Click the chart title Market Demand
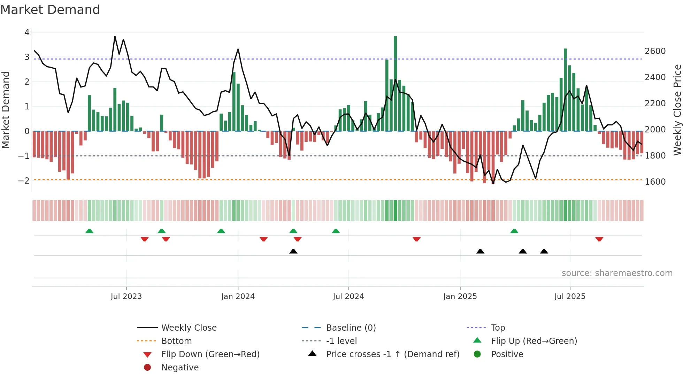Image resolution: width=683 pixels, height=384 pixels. (50, 10)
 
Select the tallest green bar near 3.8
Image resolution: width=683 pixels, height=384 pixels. (395, 84)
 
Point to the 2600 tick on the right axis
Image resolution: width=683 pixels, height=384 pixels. (655, 51)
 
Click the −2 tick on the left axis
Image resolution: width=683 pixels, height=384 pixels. (24, 181)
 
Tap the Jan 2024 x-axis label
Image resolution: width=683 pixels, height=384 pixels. (238, 297)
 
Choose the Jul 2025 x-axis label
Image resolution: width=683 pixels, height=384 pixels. (570, 297)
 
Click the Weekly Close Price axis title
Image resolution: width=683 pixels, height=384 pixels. (677, 110)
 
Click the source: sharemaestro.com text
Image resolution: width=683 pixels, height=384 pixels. (617, 273)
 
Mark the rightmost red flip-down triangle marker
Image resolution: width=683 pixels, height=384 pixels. (599, 239)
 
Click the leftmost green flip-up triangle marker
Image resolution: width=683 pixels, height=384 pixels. (89, 231)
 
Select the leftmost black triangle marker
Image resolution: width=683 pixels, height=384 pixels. (293, 251)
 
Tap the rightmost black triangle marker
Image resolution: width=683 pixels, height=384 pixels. (544, 251)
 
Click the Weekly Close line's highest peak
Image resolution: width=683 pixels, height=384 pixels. (115, 37)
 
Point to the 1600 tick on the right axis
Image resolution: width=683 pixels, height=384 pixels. (655, 182)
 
